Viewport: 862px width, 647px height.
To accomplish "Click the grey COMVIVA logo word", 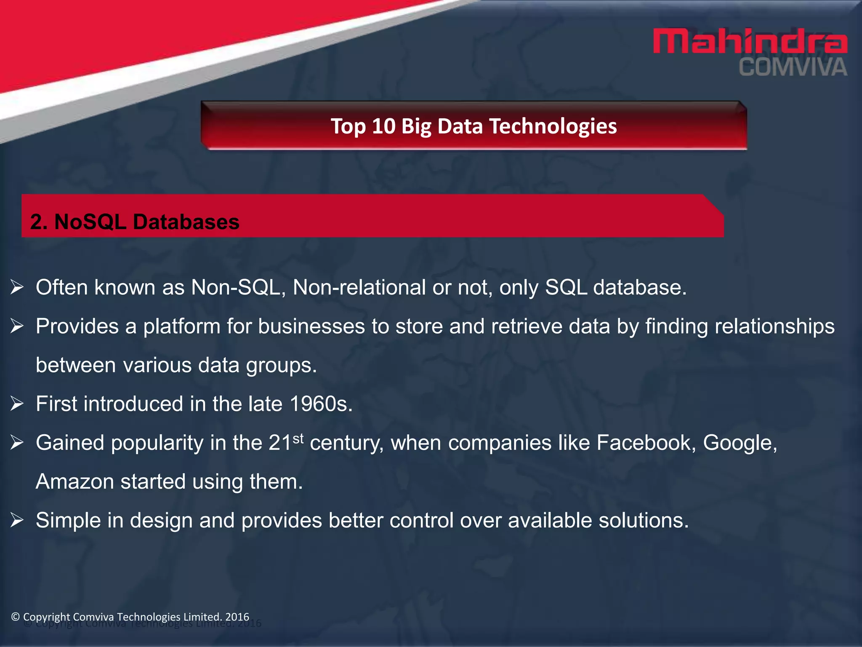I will coord(793,68).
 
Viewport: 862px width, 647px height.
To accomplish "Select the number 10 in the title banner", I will coord(383,126).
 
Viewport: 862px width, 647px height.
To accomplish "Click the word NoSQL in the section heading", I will coord(90,222).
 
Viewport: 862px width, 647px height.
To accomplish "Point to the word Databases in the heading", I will coord(186,222).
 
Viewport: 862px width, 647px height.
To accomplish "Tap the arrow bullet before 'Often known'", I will coord(17,288).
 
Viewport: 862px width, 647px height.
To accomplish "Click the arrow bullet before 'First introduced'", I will coord(17,404).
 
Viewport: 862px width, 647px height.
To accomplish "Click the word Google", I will coord(737,443).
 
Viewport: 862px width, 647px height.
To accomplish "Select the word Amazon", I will coord(74,481).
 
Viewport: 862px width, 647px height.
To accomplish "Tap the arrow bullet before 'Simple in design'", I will coord(17,520).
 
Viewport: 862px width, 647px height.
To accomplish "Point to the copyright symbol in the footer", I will coord(16,617).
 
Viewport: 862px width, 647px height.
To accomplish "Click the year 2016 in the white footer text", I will coord(237,617).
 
